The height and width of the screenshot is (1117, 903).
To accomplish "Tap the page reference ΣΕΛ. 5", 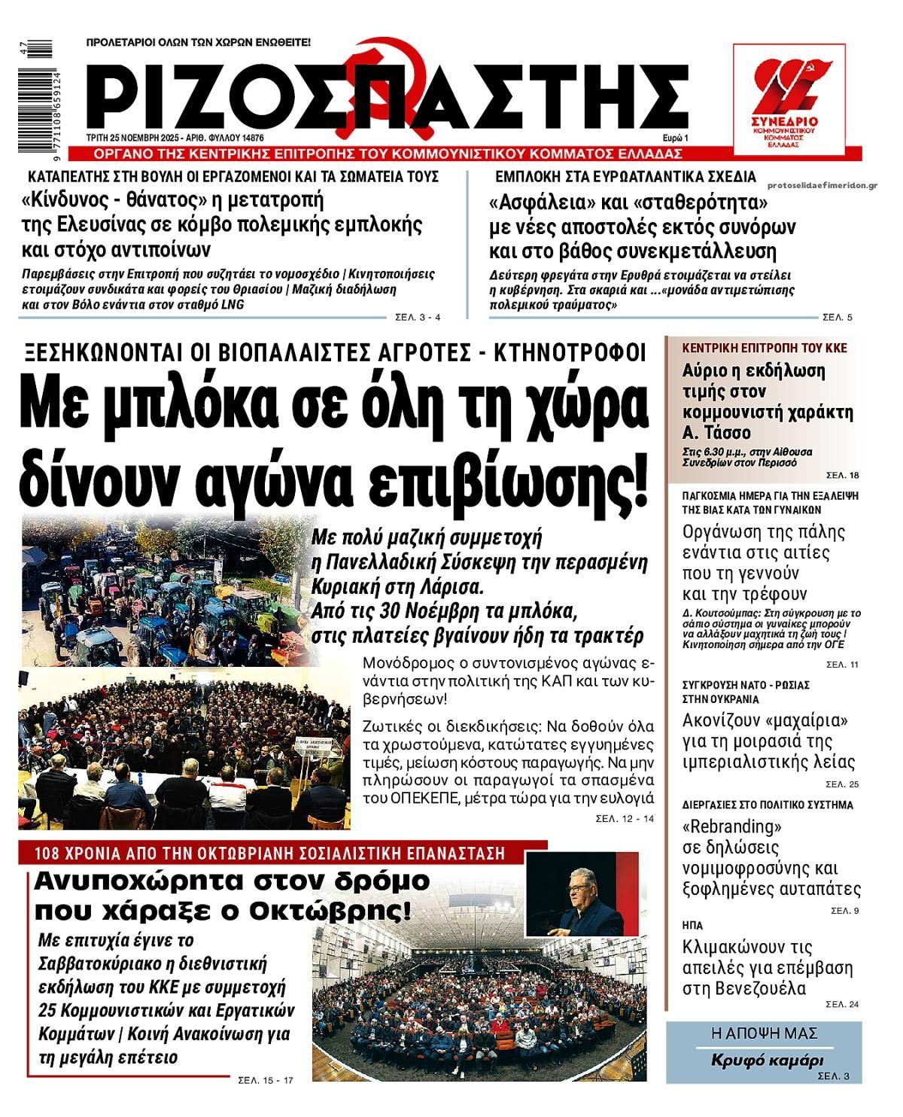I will pyautogui.click(x=838, y=318).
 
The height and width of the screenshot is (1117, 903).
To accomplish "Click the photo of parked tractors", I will pyautogui.click(x=162, y=592).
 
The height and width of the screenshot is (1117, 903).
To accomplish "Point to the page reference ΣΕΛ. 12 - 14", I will pyautogui.click(x=625, y=818).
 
